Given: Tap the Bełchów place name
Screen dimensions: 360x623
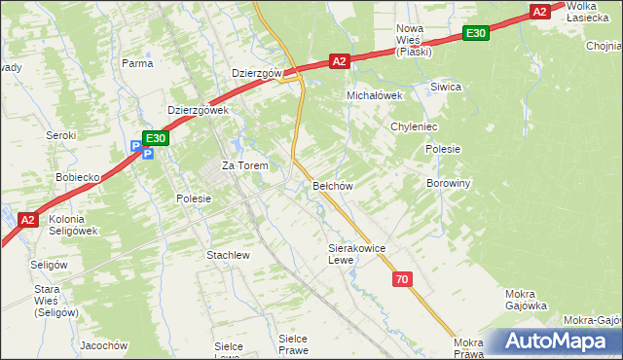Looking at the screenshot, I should coord(331,185).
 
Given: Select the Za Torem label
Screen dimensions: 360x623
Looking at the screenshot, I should coord(244,166).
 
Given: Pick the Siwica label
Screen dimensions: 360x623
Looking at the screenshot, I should coord(445,87).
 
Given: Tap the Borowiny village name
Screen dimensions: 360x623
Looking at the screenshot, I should coord(449,183).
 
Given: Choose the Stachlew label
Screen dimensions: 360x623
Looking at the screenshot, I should coord(229,255).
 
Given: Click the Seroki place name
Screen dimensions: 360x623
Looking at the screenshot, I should coord(62,135).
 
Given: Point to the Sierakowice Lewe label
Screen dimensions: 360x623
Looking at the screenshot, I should coord(357,254).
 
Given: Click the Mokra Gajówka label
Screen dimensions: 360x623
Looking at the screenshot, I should coord(527,299).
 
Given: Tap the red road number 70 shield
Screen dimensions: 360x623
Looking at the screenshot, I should coord(403,279).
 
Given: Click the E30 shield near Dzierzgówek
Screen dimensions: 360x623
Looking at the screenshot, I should coord(157,139).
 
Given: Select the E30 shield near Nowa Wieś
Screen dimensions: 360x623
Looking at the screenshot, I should coord(475,34).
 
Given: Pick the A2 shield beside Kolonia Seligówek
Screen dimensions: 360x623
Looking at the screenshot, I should coord(28,220).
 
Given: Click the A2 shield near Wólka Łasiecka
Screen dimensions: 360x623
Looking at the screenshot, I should coord(540,12).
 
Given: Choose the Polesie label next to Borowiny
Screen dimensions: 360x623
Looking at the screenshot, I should coord(443,149).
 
